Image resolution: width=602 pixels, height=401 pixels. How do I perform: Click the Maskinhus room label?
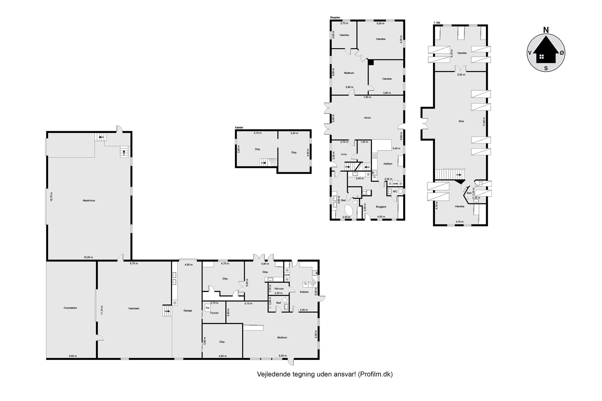[x=89, y=200]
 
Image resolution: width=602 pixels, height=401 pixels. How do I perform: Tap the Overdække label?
[x=70, y=308]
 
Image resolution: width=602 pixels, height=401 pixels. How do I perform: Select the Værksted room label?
[x=134, y=308]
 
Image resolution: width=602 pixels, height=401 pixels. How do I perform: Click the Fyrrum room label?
[x=214, y=313]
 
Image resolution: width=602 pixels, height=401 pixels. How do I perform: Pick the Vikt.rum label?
[x=279, y=289]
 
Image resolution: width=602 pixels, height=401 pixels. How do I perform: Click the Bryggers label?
[x=381, y=207]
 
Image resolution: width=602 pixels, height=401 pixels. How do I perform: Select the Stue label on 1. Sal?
[x=461, y=121]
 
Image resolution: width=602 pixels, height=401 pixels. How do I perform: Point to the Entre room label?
[x=344, y=154]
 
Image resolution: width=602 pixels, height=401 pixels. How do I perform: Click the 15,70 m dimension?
[x=51, y=197]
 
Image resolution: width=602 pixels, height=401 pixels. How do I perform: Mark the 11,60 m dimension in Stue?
[x=484, y=122]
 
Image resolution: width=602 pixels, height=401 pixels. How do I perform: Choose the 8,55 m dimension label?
[x=283, y=356]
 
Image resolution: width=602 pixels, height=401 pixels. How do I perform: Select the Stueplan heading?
[x=335, y=18]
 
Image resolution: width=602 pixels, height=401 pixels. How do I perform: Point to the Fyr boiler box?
[x=207, y=308]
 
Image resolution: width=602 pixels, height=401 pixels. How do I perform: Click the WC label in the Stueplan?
[x=395, y=191]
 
